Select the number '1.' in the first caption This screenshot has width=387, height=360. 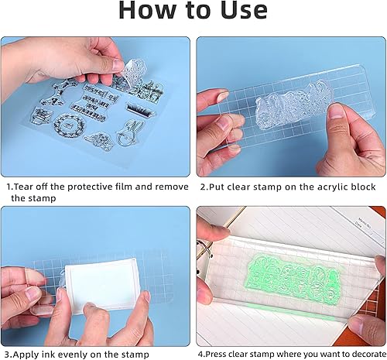[10, 187]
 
